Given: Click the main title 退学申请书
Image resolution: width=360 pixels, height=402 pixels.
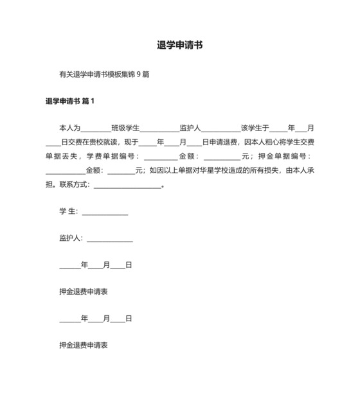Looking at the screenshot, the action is pos(180,46).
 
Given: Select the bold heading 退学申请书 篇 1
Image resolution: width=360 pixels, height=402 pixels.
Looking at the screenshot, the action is pos(70,101).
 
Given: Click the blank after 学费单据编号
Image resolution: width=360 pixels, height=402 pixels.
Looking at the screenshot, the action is pos(160,157).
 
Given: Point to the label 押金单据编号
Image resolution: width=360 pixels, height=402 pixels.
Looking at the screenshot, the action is pos(283,157).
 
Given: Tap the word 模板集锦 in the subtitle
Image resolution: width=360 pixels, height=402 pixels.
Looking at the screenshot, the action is pos(116,74).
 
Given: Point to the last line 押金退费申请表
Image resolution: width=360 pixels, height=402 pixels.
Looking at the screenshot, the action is pos(83,345).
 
